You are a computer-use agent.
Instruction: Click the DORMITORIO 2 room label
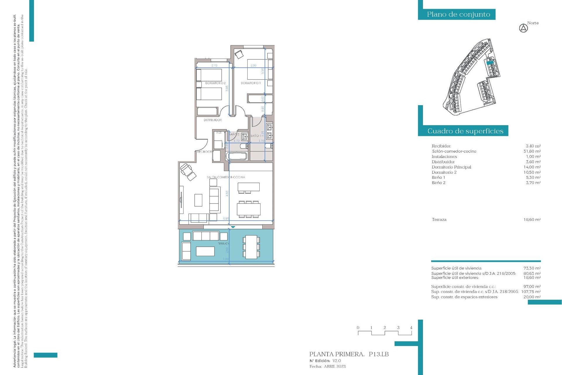point(215,83)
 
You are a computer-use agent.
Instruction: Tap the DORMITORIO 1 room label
point(251,83)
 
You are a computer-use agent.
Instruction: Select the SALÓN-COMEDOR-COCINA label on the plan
point(226,177)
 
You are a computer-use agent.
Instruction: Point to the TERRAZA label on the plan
point(223,244)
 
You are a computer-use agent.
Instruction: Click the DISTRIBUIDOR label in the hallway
point(213,120)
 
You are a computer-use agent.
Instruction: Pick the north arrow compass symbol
point(523,28)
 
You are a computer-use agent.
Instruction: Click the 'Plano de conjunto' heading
point(458,14)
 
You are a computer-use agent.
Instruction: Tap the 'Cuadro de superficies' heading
point(465,131)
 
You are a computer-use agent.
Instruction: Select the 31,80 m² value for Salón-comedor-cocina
point(532,151)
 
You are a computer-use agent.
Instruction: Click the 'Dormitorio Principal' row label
point(451,167)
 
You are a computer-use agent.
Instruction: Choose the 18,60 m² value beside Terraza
point(532,219)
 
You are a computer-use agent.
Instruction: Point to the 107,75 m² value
point(531,292)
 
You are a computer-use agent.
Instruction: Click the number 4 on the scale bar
point(411,328)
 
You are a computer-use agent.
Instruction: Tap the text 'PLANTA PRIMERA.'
point(337,354)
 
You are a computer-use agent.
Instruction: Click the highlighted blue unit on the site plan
point(490,62)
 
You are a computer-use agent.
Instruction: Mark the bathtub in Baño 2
point(237,156)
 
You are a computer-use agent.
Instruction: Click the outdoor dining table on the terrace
point(251,247)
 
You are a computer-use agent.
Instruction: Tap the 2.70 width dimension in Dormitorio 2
point(214,65)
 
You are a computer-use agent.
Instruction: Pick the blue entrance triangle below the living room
point(233,227)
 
